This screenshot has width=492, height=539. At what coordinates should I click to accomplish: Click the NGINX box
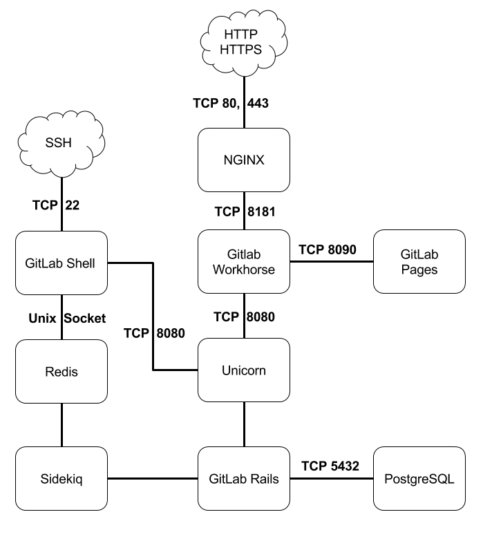(x=244, y=160)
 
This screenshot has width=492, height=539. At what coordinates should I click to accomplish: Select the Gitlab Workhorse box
(x=244, y=262)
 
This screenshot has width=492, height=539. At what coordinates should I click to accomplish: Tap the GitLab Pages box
(x=419, y=262)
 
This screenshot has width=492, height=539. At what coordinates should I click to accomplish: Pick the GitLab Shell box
(x=61, y=262)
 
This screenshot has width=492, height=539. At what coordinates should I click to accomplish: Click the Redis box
(x=61, y=371)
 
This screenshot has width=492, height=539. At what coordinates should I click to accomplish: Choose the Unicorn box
(x=244, y=370)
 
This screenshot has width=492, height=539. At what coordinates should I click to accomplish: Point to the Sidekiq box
(x=61, y=478)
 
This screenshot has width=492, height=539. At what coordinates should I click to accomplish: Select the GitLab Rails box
(x=244, y=478)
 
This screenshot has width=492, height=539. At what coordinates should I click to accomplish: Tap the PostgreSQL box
(x=419, y=478)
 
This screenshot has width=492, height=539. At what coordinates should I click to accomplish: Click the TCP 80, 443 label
(x=230, y=103)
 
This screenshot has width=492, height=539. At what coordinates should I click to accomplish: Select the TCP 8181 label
(x=245, y=211)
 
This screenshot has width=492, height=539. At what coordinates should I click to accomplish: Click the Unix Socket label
(x=67, y=319)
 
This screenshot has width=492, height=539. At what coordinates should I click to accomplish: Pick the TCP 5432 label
(x=330, y=466)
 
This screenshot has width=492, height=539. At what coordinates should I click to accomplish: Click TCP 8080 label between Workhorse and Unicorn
(x=245, y=317)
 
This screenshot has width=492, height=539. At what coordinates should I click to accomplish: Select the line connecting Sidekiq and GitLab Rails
(x=153, y=478)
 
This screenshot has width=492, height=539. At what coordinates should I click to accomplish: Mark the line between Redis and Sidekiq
(x=61, y=424)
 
